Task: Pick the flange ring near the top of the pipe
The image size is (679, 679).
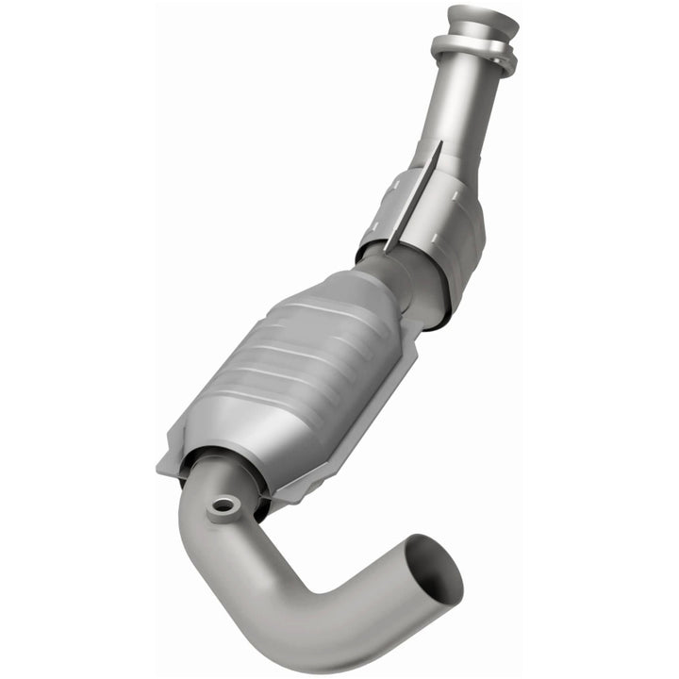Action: point(472,52)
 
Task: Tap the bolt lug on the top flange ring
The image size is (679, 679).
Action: point(506,64)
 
